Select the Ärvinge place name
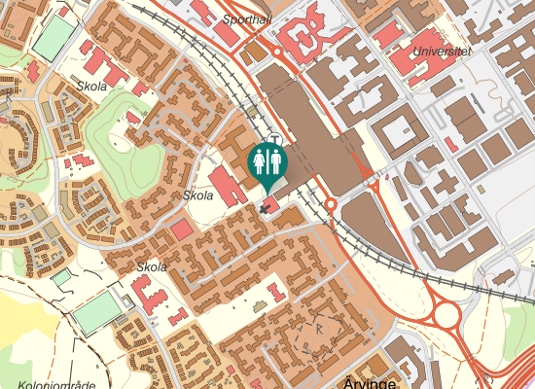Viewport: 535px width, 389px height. [x=370, y=381]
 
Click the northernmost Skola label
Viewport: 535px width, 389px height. [x=90, y=87]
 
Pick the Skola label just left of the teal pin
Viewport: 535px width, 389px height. [x=197, y=195]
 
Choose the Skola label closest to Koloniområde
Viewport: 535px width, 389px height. [x=152, y=266]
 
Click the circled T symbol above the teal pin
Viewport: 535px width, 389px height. [x=276, y=138]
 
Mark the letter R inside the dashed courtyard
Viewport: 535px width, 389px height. [x=319, y=329]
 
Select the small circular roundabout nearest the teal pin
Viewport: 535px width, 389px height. [x=331, y=205]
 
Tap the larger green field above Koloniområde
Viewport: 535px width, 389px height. [x=97, y=314]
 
